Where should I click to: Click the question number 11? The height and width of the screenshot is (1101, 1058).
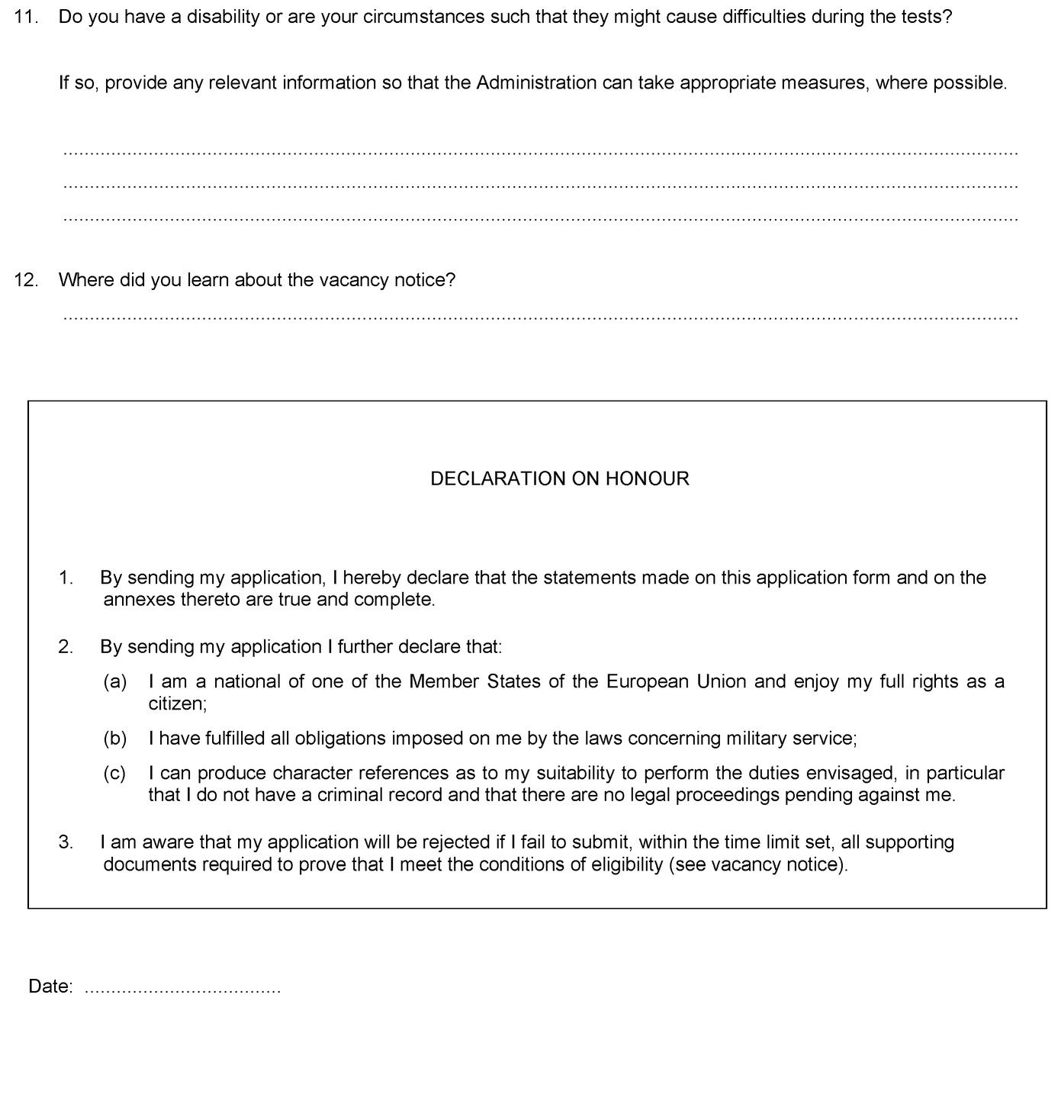[26, 17]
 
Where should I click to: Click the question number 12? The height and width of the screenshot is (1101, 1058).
[26, 280]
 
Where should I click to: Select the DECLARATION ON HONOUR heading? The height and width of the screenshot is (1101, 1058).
[560, 478]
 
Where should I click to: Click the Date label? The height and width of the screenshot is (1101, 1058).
[50, 987]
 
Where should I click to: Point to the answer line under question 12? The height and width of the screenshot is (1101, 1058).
[540, 316]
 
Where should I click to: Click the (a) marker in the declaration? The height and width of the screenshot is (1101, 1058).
[114, 681]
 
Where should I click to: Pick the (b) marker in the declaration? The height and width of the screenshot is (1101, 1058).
[114, 739]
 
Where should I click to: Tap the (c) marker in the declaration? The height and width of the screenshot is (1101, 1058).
[114, 773]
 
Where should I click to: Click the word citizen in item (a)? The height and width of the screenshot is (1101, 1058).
[176, 703]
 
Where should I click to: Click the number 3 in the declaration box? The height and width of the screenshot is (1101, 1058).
[66, 842]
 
